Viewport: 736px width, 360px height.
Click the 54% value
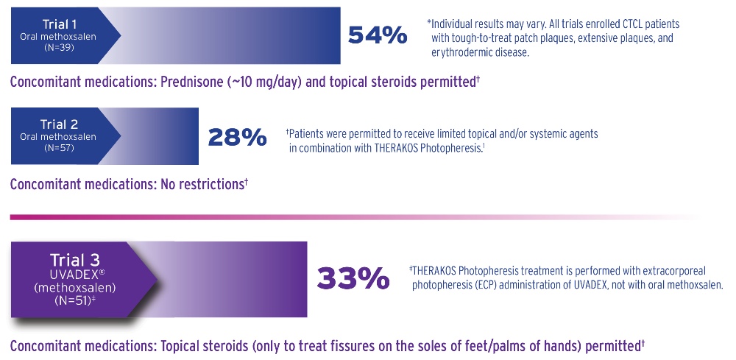click(377, 35)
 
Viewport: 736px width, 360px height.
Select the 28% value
click(237, 136)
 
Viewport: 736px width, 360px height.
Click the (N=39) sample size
click(43, 48)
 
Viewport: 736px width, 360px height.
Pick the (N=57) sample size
click(43, 148)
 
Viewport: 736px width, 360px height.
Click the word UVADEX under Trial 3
click(71, 273)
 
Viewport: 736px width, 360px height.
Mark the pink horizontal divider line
click(353, 217)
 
